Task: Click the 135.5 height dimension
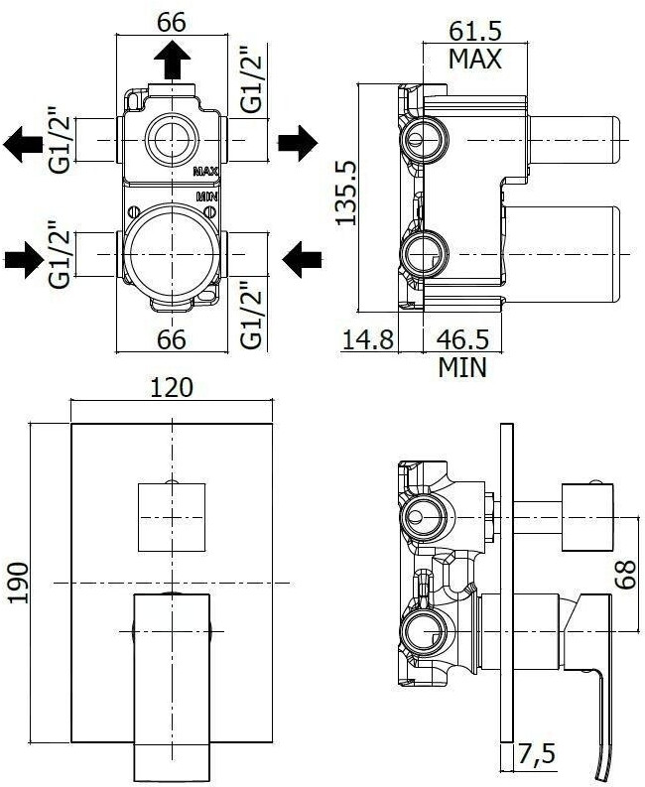click(x=346, y=193)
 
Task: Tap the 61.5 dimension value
click(x=475, y=31)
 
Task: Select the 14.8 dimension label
click(x=367, y=339)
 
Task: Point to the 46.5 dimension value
click(x=462, y=339)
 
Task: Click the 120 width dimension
click(x=171, y=387)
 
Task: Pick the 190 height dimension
click(x=18, y=583)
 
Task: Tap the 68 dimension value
click(x=625, y=575)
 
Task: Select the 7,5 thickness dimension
click(x=537, y=754)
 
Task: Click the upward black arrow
click(x=173, y=60)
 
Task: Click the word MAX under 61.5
click(x=475, y=60)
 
